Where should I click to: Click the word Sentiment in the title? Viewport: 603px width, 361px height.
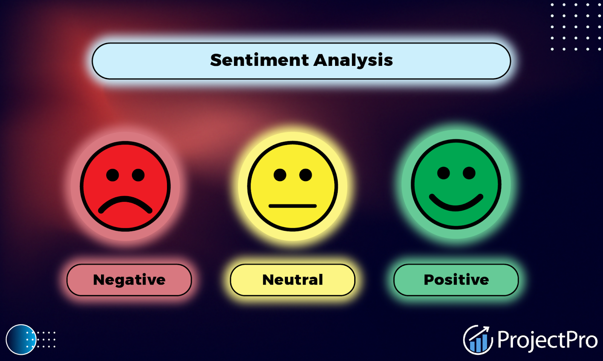pyautogui.click(x=259, y=60)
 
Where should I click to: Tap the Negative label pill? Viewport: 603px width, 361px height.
pyautogui.click(x=129, y=280)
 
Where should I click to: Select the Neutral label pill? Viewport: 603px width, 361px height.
pyautogui.click(x=292, y=280)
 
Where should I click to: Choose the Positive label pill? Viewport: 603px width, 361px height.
pyautogui.click(x=456, y=280)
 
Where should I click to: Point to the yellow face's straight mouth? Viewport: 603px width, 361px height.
pyautogui.click(x=292, y=206)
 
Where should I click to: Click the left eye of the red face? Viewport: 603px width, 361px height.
pyautogui.click(x=113, y=175)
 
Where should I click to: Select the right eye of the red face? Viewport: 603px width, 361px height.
pyautogui.click(x=138, y=175)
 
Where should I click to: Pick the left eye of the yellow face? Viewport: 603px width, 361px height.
pyautogui.click(x=280, y=175)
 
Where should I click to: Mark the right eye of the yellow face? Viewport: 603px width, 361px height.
pyautogui.click(x=306, y=175)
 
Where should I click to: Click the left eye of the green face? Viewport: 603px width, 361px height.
pyautogui.click(x=444, y=173)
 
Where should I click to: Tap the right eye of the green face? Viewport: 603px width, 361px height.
pyautogui.click(x=469, y=173)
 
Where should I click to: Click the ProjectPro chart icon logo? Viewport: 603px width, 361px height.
pyautogui.click(x=478, y=340)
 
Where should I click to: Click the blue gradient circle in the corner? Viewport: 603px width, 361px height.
pyautogui.click(x=21, y=340)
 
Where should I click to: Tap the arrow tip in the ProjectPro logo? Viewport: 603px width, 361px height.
pyautogui.click(x=488, y=327)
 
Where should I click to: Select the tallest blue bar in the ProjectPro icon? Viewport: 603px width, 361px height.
pyautogui.click(x=484, y=343)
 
